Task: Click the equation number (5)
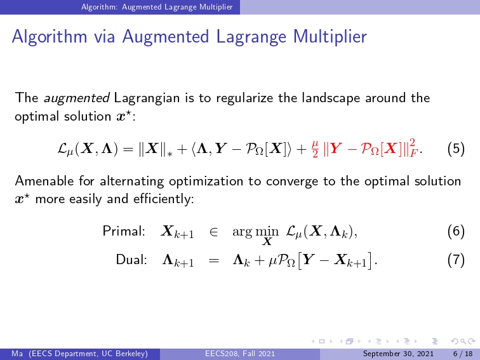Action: (x=456, y=149)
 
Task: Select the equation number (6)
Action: (x=456, y=231)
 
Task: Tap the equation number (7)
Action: (x=456, y=260)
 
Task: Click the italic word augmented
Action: (x=77, y=98)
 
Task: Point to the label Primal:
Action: (x=124, y=231)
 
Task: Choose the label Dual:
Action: (x=131, y=260)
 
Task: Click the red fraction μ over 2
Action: (x=316, y=149)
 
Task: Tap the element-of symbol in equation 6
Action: (x=213, y=232)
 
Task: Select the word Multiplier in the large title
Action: (x=330, y=36)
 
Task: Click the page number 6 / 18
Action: (x=463, y=354)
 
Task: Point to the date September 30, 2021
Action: (x=398, y=354)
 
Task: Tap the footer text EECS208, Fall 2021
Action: (x=240, y=354)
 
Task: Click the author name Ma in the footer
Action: (x=17, y=354)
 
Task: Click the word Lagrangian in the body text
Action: (x=147, y=98)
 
